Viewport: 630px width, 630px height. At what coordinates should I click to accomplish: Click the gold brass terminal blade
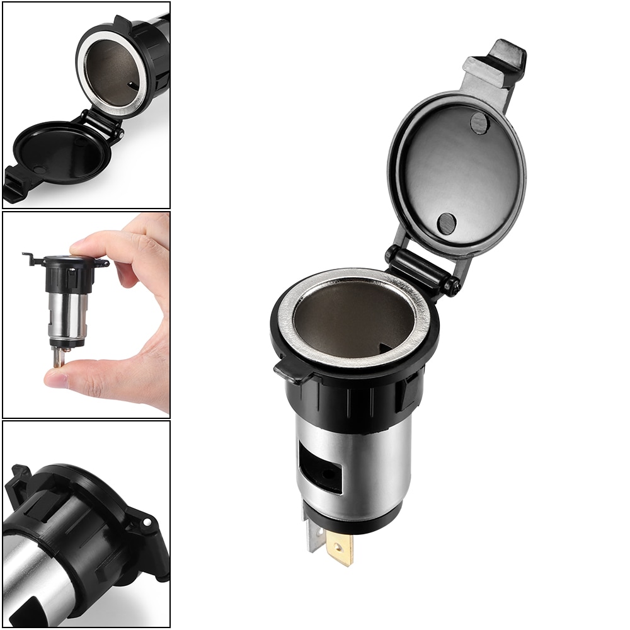coord(340,547)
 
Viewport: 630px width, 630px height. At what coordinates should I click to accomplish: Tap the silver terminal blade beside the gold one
coord(314,536)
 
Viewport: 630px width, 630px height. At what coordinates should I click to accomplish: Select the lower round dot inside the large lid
coord(447,223)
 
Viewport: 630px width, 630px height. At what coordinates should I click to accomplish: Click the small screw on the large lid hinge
coord(451,287)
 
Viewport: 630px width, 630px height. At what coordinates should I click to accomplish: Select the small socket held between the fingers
coord(66,296)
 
